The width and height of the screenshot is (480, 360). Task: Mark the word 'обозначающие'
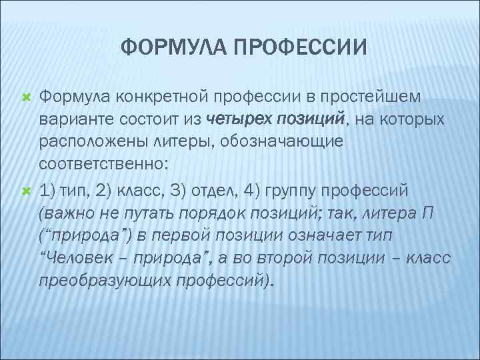pos(267,143)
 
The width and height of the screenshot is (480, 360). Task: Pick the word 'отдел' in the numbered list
pos(217,191)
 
